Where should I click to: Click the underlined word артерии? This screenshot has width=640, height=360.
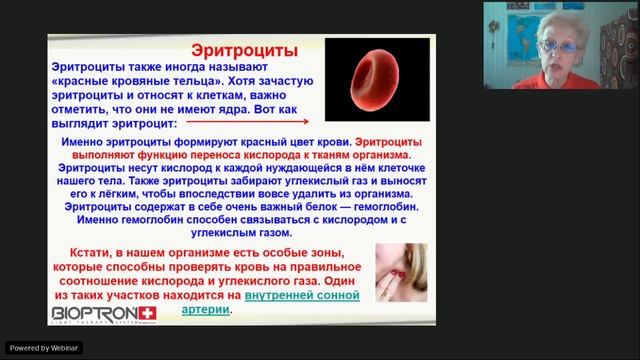pyautogui.click(x=207, y=310)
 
